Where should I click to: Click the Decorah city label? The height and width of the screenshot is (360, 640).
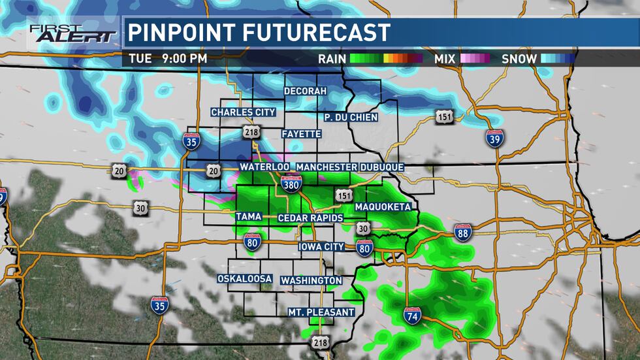(x=305, y=91)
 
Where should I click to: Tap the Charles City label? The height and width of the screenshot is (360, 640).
(x=243, y=112)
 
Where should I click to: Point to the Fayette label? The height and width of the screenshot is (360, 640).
(x=301, y=134)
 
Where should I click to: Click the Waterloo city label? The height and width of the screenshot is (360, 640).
(x=264, y=167)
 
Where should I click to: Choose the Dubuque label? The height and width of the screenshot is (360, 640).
(x=382, y=167)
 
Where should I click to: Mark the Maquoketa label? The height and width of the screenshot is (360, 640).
(x=383, y=207)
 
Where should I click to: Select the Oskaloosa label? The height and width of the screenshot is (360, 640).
(x=244, y=279)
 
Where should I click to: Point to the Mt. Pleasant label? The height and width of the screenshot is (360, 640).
(x=321, y=312)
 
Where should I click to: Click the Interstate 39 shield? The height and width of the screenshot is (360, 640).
(x=494, y=138)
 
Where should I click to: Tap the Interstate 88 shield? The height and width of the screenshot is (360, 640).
(x=463, y=233)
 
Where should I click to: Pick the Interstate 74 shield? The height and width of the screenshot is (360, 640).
(x=412, y=316)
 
